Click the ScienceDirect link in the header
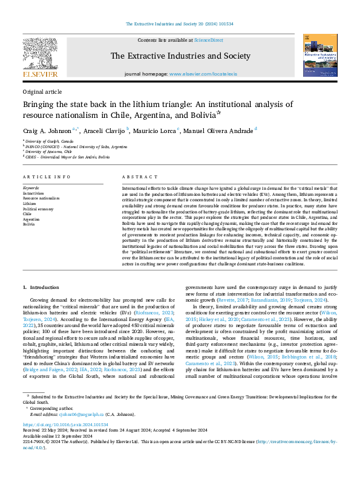208,39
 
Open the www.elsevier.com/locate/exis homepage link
203,74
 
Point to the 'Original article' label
42,91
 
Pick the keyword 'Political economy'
38,209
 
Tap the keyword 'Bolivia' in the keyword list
29,224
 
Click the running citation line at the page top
180,24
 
